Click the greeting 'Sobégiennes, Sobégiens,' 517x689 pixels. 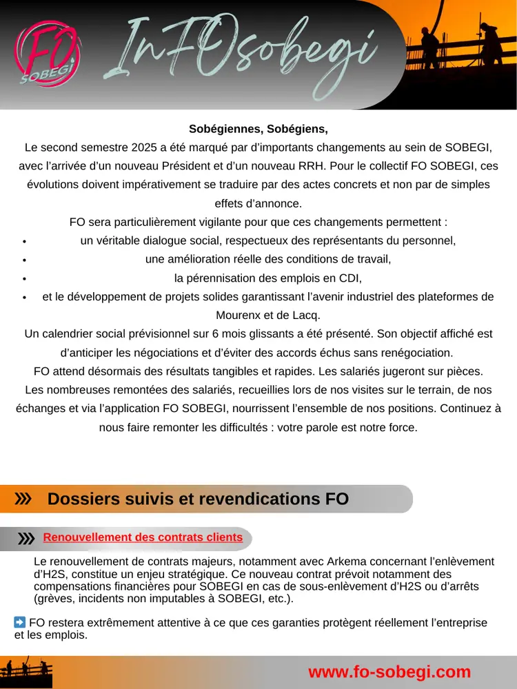pyautogui.click(x=258, y=129)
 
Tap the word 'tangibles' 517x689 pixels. pyautogui.click(x=245, y=371)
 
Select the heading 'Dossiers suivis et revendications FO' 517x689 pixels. pyautogui.click(x=198, y=499)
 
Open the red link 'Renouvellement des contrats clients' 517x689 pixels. pyautogui.click(x=143, y=537)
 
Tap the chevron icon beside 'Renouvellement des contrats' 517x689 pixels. pyautogui.click(x=26, y=538)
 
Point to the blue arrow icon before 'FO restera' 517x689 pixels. pyautogui.click(x=20, y=622)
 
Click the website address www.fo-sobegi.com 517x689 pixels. pyautogui.click(x=389, y=672)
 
